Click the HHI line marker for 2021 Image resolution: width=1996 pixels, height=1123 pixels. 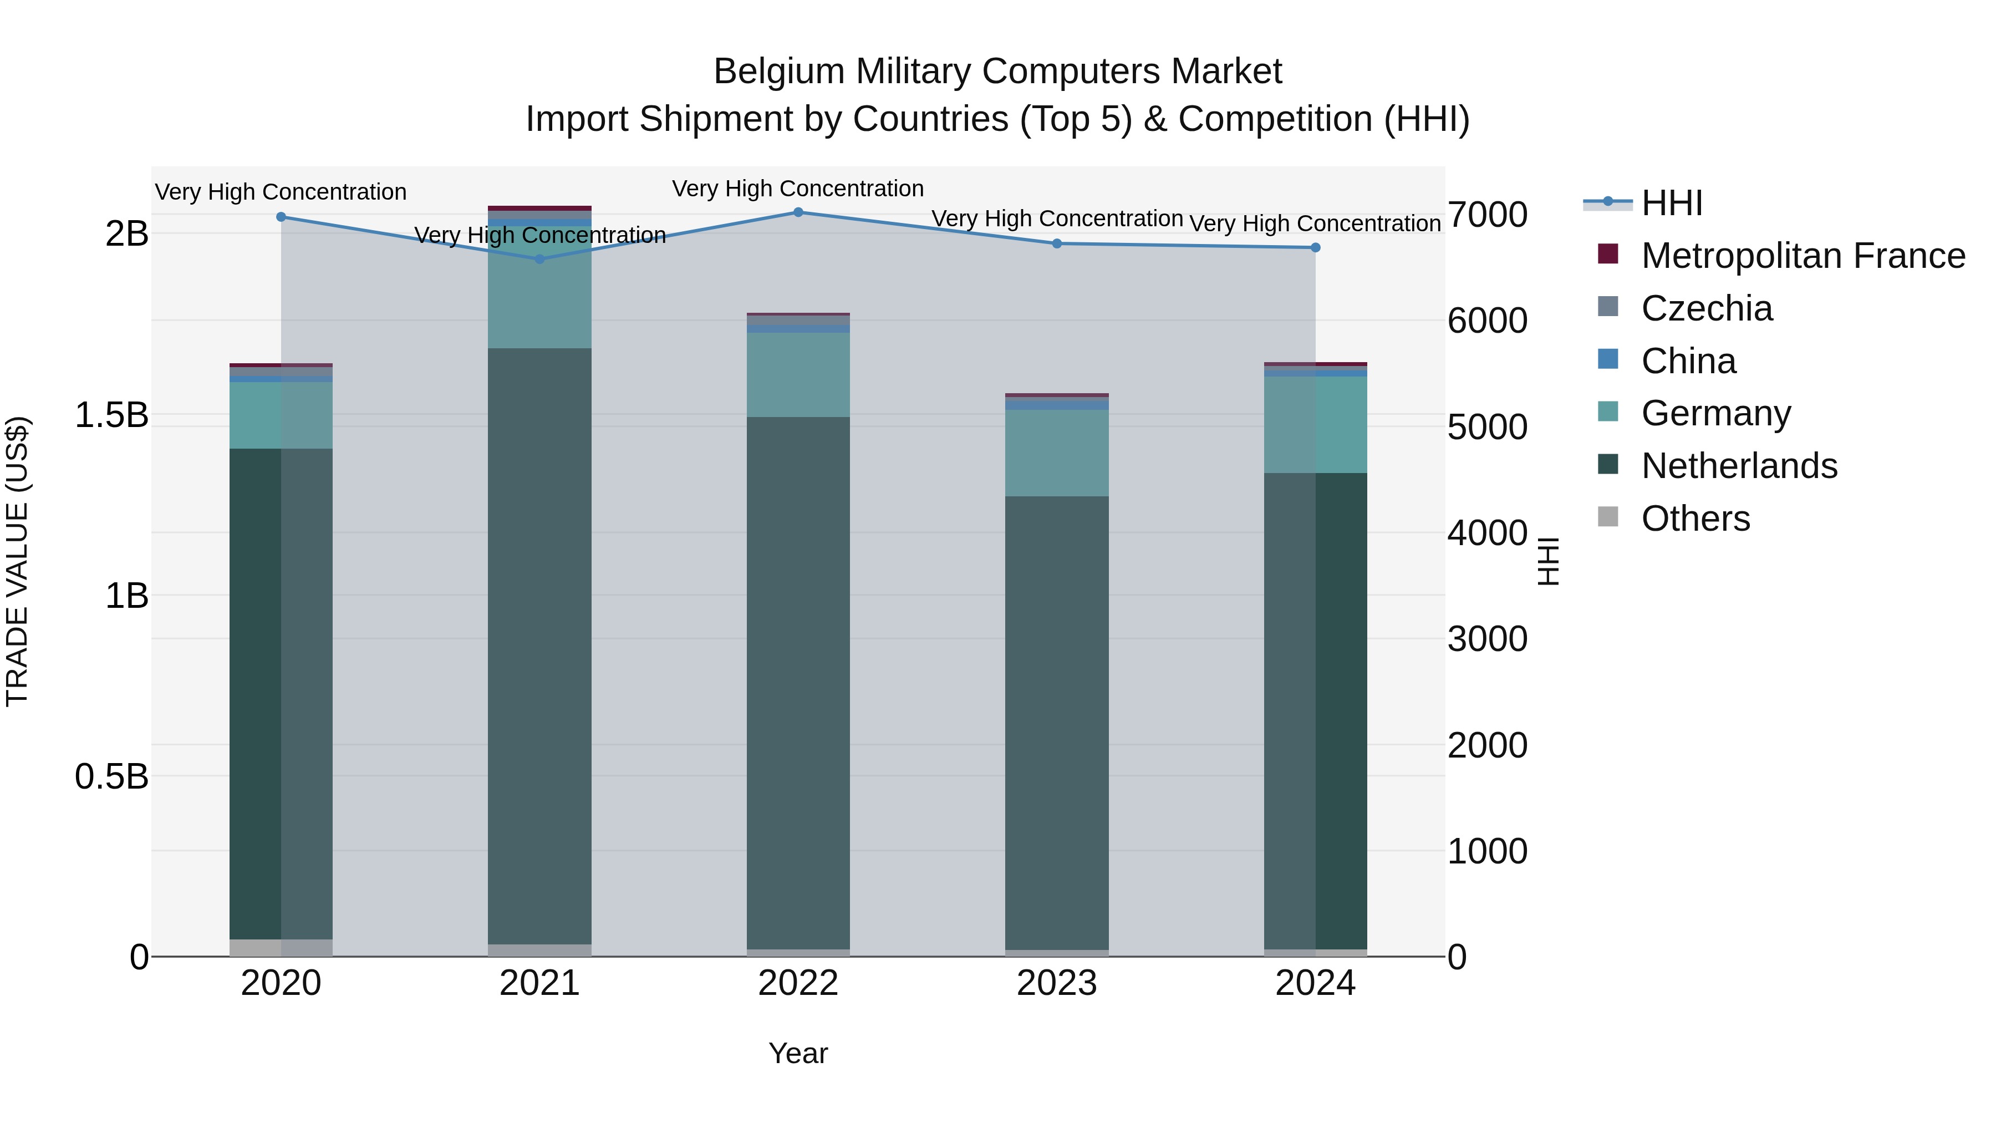click(x=539, y=259)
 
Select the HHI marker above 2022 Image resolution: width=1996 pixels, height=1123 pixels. click(x=798, y=212)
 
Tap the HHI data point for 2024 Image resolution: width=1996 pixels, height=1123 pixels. click(x=1315, y=247)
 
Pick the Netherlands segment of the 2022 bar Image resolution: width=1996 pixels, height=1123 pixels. click(x=798, y=682)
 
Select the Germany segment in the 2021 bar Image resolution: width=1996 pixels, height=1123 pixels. click(x=539, y=287)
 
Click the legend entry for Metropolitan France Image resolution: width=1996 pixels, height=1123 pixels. click(x=1802, y=256)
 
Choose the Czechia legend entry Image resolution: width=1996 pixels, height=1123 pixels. click(x=1706, y=308)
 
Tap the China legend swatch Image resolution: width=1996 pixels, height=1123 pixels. click(x=1608, y=359)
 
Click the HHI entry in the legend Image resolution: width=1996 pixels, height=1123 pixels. click(x=1671, y=203)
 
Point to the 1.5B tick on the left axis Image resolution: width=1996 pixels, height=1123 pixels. click(x=111, y=415)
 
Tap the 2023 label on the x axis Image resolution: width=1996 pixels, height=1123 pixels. click(x=1056, y=983)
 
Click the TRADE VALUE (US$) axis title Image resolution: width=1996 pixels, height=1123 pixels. click(x=17, y=561)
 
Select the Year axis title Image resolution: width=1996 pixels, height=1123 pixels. click(x=798, y=1053)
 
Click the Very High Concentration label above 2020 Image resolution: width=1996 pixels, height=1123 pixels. click(x=281, y=191)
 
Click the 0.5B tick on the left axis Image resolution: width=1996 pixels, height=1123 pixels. click(x=111, y=776)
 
